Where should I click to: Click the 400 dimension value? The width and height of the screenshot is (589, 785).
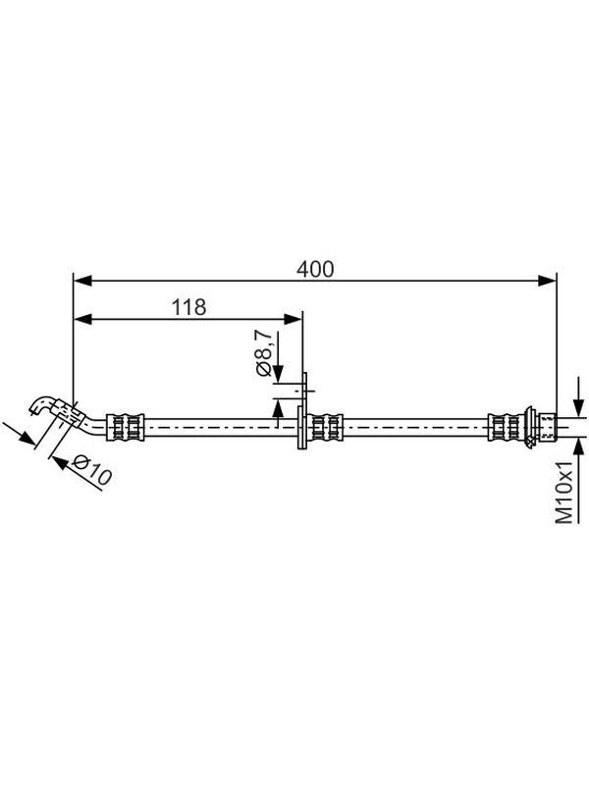(x=315, y=269)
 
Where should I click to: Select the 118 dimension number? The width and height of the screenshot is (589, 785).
(x=188, y=307)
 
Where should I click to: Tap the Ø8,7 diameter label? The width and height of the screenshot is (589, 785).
(x=263, y=353)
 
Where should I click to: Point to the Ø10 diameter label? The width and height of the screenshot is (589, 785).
(x=91, y=470)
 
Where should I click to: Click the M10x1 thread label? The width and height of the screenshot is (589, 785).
(x=564, y=493)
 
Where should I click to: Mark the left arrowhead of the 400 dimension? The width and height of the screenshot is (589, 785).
(x=82, y=281)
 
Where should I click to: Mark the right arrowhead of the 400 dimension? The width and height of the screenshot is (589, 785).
(x=547, y=281)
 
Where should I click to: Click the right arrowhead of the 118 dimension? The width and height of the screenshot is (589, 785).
(x=293, y=319)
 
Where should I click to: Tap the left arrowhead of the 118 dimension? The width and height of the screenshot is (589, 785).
(x=82, y=319)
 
